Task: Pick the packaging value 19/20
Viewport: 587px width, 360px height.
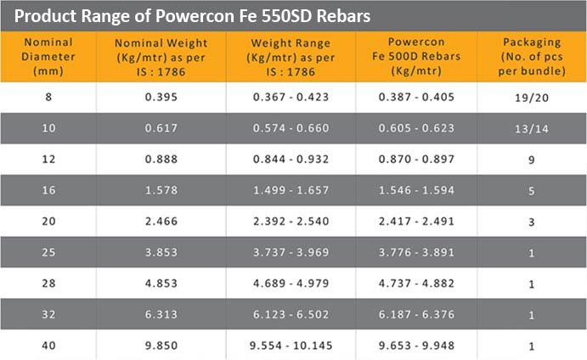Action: pos(531,98)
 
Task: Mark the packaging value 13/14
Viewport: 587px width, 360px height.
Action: pos(531,128)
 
